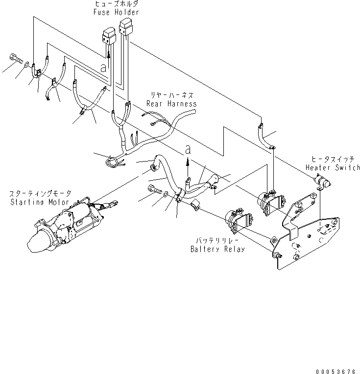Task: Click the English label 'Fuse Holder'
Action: point(116,12)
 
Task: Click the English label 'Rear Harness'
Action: point(172,104)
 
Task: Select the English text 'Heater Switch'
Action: point(333,167)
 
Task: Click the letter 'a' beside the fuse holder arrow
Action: point(103,68)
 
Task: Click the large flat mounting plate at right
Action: point(307,239)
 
